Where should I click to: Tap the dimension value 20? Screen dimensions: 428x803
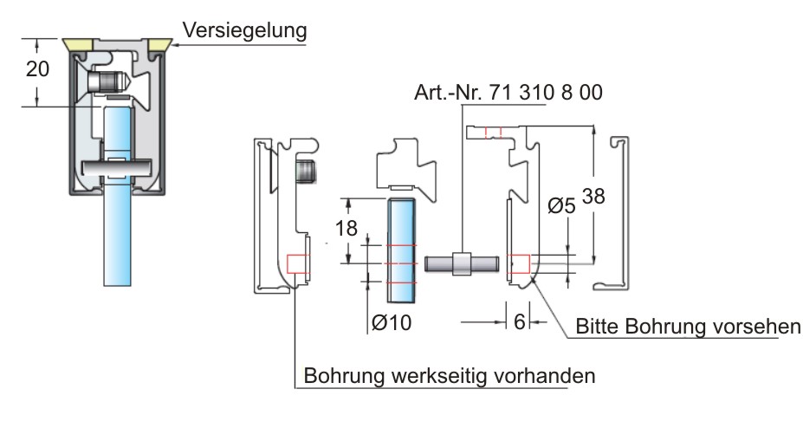coord(37,69)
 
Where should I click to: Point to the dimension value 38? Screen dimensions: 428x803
coord(594,198)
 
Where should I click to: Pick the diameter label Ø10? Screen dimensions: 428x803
coord(391,322)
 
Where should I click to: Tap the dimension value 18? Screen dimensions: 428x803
coord(347,230)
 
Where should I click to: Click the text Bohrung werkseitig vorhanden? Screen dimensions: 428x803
coord(450,377)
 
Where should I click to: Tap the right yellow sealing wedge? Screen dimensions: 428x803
coord(158,42)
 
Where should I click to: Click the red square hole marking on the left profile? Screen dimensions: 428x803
coord(296,263)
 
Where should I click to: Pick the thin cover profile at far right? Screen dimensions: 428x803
coord(618,212)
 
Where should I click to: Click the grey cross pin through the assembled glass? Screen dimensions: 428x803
coord(118,166)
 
